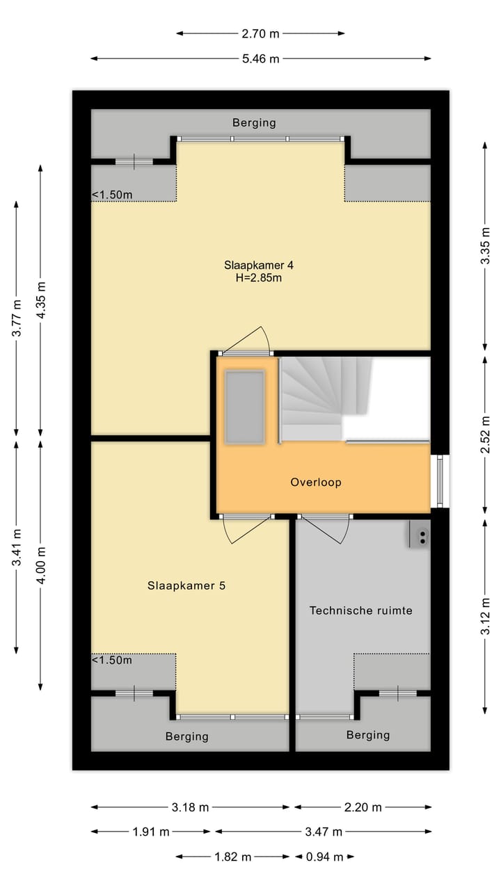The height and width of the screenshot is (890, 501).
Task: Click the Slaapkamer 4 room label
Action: [x=253, y=265]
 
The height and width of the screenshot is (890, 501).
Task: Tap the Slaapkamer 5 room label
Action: [x=186, y=585]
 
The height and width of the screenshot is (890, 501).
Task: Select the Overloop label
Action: [x=316, y=482]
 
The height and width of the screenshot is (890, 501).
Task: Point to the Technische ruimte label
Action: [x=360, y=610]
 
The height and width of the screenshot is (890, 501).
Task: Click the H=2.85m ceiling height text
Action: [x=253, y=277]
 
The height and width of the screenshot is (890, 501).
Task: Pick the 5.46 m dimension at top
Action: [x=260, y=59]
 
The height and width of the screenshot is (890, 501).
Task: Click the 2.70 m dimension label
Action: [x=260, y=33]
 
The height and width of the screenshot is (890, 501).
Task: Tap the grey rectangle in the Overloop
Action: [x=244, y=407]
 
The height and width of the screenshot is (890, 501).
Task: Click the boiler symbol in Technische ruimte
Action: [x=421, y=535]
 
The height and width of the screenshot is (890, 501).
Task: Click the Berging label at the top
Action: [x=253, y=123]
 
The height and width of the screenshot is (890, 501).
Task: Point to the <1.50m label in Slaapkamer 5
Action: [x=112, y=660]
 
